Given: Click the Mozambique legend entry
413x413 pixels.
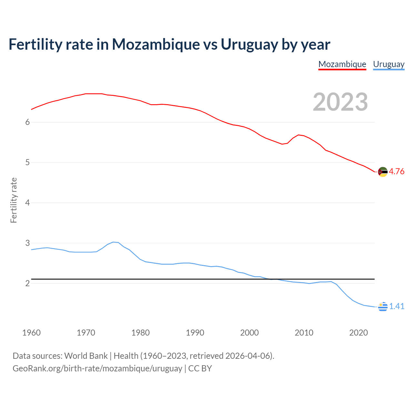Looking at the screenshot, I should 342,64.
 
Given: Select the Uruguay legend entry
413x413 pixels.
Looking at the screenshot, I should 388,64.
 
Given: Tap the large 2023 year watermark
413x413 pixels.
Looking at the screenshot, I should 340,102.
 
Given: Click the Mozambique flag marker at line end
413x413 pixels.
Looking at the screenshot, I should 383,172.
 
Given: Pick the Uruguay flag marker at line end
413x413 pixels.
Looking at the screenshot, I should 383,307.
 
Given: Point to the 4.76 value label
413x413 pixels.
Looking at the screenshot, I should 397,171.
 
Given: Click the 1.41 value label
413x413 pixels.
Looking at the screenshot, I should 397,306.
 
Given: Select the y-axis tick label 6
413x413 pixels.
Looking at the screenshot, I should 27,122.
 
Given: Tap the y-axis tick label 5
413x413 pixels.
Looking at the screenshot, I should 27,162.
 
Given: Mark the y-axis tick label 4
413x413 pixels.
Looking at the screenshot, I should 27,203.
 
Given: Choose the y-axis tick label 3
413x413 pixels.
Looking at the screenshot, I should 27,243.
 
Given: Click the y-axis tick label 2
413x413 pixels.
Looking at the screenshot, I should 27,283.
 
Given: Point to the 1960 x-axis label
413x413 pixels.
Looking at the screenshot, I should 31,333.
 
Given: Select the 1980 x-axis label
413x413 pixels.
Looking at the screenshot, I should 140,333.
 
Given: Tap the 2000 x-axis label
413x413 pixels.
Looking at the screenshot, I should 249,333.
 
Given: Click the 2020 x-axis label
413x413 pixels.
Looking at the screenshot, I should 358,333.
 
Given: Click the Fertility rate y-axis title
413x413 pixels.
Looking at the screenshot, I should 14,200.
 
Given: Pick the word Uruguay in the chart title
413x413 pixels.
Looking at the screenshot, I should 249,45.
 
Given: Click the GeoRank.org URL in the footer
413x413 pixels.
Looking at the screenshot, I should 97,368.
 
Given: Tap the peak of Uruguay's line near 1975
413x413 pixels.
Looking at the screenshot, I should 114,242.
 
